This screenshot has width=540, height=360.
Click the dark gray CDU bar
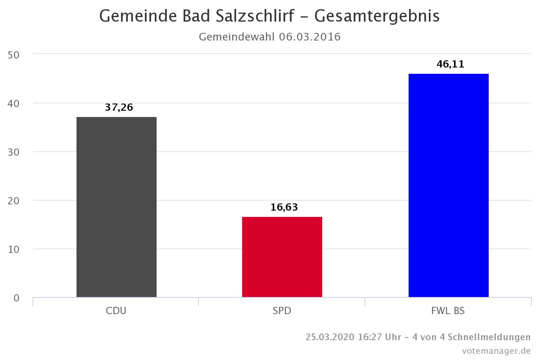117,207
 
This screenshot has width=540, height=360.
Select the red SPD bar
282,257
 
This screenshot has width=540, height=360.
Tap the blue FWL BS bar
448,185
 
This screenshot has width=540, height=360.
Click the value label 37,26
119,108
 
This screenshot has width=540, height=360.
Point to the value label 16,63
284,207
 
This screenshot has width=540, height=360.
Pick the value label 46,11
450,64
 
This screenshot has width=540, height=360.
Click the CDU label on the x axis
116,311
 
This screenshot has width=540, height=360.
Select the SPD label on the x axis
282,311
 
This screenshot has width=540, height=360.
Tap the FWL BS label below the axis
448,311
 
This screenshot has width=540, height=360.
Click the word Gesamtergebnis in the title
377,16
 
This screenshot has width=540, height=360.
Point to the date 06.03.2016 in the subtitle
310,37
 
